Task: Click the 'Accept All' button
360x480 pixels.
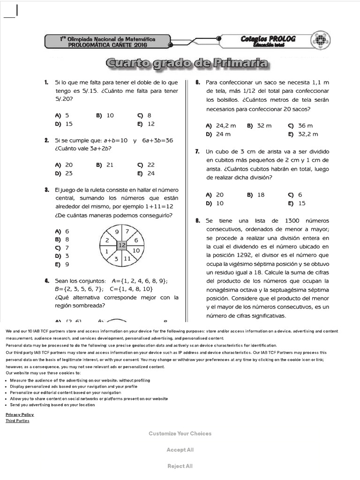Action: point(180,450)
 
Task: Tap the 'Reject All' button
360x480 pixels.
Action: point(180,466)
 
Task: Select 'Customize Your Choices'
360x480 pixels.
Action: point(180,434)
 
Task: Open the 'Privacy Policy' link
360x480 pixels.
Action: point(20,414)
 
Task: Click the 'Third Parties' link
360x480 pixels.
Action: point(17,421)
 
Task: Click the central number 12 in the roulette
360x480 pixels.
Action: point(122,245)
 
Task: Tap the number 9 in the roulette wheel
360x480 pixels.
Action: point(117,232)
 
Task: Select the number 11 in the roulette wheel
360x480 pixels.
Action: point(127,258)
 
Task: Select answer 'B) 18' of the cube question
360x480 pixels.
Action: point(256,195)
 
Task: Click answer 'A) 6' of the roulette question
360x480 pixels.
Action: point(62,231)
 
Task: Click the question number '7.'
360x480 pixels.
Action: point(198,151)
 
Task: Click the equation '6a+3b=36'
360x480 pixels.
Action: point(157,140)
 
